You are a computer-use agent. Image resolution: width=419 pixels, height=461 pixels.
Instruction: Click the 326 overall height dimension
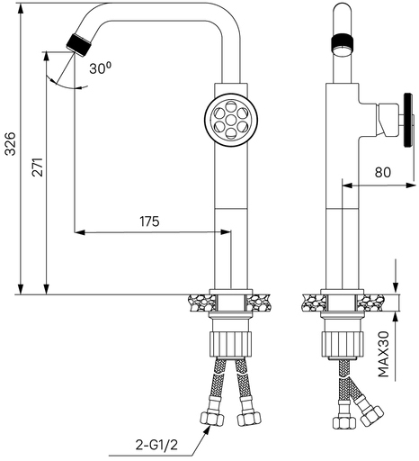point(11,143)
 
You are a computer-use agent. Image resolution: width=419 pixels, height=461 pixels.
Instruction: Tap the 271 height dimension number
point(38,167)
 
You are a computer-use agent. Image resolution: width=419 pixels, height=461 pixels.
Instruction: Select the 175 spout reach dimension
point(149,221)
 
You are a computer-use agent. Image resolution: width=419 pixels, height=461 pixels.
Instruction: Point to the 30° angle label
point(100,68)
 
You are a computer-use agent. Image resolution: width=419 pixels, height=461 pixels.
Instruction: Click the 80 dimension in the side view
point(383,172)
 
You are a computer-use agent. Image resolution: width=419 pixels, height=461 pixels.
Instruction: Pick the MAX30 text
point(383,354)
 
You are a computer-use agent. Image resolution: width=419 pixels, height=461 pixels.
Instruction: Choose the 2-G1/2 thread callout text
point(156,445)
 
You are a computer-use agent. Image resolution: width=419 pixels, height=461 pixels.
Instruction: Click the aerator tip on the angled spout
point(78,45)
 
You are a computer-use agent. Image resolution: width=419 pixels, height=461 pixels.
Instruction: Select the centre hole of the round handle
point(231,120)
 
